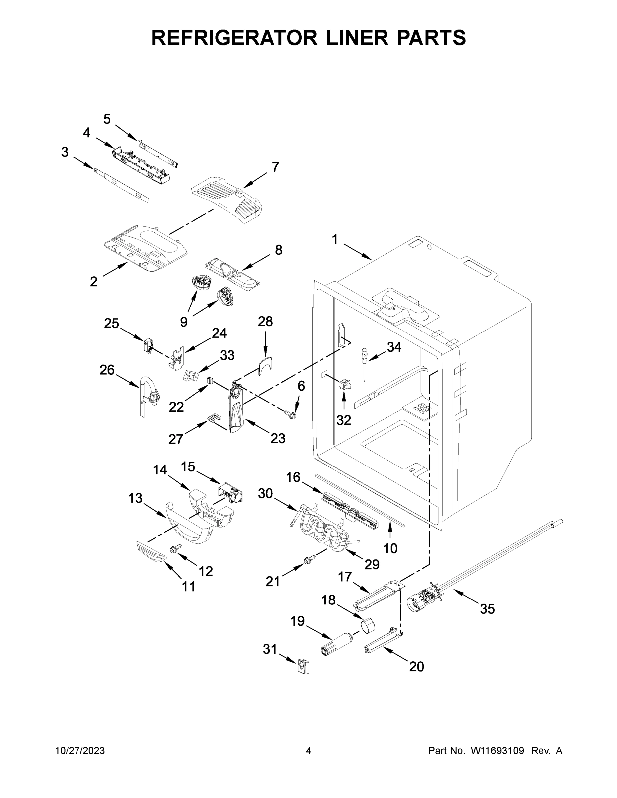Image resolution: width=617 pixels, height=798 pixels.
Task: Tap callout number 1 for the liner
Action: coord(335,240)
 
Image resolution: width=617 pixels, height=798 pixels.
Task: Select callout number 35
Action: coord(487,609)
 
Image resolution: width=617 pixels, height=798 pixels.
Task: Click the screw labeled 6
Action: coord(291,414)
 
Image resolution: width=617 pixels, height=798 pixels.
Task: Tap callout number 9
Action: coord(184,322)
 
